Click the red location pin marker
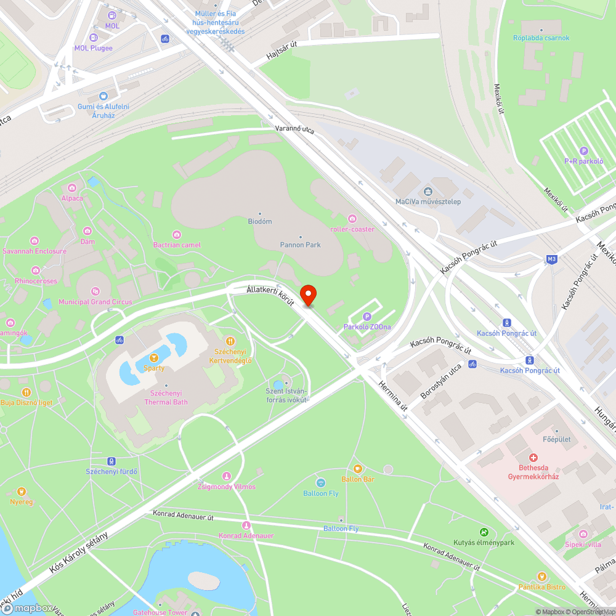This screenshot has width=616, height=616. [x=307, y=294]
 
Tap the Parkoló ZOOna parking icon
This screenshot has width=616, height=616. [x=367, y=316]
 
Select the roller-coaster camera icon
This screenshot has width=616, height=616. [x=352, y=219]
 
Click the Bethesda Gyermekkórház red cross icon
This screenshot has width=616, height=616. [x=533, y=458]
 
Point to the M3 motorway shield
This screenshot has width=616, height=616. [x=551, y=260]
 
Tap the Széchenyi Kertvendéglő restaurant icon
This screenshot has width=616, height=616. [x=230, y=341]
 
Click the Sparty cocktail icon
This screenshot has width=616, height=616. [x=154, y=357]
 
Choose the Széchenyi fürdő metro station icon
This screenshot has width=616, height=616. [x=111, y=461]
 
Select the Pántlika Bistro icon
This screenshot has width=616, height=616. [x=541, y=577]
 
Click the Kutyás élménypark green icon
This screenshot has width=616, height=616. [x=484, y=532]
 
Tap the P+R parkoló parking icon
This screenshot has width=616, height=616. [x=583, y=151]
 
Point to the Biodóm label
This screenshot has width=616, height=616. [x=259, y=221]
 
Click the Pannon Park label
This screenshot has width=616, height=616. [x=301, y=245]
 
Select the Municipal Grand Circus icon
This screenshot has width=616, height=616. [x=95, y=291]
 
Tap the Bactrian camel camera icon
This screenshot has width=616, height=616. [x=177, y=234]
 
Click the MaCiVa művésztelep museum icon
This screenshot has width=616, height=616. [x=428, y=191]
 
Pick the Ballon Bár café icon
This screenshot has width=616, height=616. [x=358, y=469]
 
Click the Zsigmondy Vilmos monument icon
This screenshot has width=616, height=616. [x=227, y=476]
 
